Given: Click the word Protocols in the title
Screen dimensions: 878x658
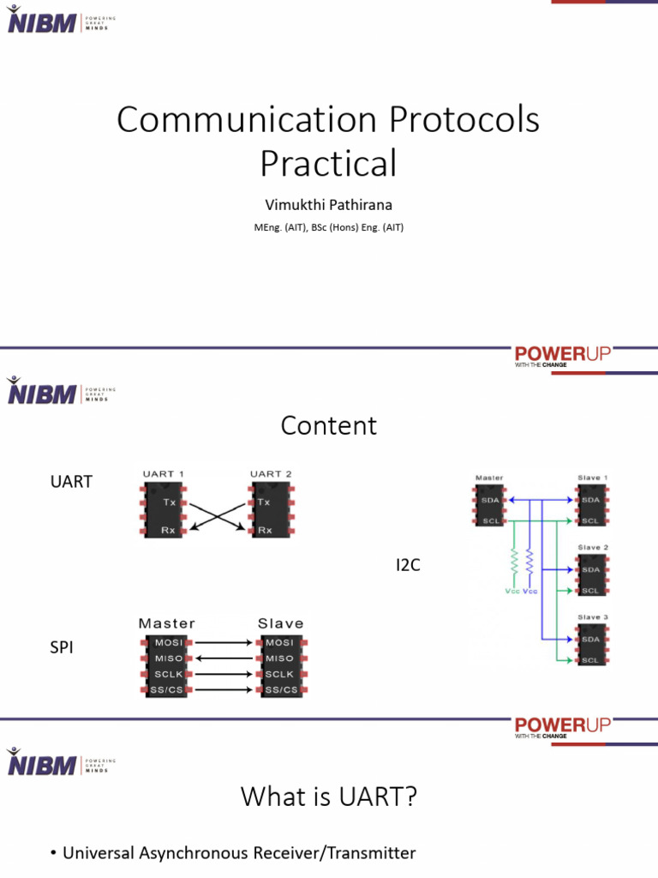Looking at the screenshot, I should tap(464, 121).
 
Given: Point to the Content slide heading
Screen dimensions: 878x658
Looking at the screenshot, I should tap(328, 425).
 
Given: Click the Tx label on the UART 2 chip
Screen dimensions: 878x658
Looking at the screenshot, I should tap(264, 502).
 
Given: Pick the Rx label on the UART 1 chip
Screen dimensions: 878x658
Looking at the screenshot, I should tap(168, 530).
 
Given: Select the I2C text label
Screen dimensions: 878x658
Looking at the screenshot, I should tap(408, 565).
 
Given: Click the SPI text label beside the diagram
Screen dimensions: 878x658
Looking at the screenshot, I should tap(63, 648).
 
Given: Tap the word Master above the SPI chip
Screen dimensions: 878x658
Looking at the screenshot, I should tap(166, 623).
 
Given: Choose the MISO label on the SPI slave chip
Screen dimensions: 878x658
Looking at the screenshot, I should tap(279, 658).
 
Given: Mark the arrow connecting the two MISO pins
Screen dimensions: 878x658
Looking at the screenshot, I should tap(226, 658).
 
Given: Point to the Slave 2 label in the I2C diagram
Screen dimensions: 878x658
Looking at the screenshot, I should tap(593, 547).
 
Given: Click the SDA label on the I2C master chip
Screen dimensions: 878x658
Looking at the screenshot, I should tap(491, 499).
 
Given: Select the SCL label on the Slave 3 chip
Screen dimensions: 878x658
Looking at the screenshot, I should tap(591, 660).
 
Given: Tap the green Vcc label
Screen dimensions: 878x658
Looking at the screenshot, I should tap(512, 592).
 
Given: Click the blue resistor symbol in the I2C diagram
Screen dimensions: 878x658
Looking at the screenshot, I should tap(529, 562).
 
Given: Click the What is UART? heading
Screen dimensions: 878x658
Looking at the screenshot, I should tap(328, 797).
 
